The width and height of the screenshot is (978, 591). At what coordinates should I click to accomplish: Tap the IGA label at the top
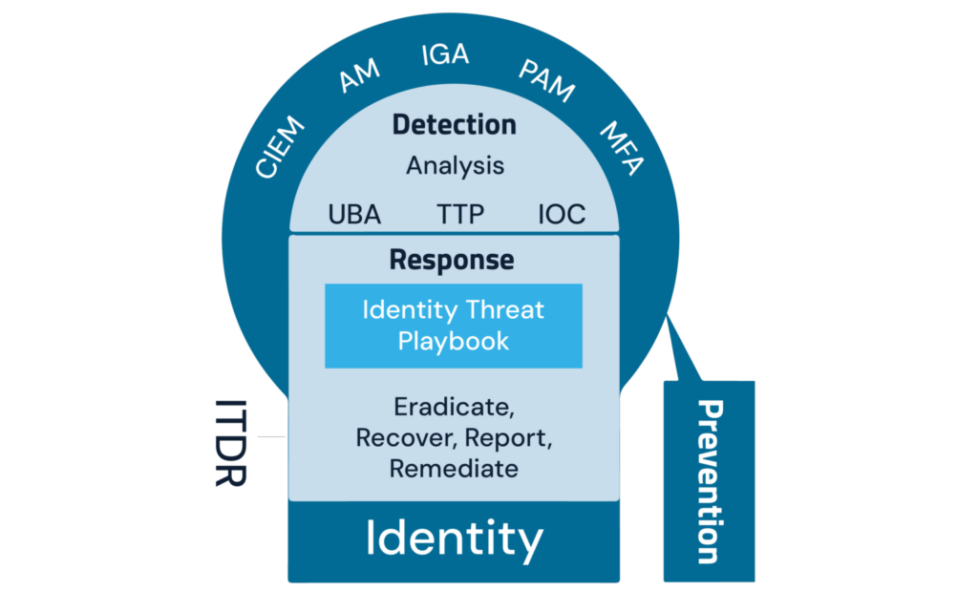click(445, 54)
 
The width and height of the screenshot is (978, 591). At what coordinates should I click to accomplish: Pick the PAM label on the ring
click(546, 80)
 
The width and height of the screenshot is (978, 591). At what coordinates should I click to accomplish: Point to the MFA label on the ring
click(622, 147)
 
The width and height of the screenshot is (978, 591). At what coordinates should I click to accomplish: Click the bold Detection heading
click(455, 125)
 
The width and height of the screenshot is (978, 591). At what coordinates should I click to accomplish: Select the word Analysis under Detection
click(455, 165)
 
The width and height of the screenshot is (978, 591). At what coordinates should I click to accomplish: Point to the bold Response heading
click(452, 260)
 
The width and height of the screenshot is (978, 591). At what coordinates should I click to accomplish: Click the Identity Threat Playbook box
click(454, 326)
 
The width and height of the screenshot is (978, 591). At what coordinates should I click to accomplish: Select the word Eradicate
click(453, 407)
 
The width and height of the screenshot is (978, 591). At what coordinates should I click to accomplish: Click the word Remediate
click(454, 469)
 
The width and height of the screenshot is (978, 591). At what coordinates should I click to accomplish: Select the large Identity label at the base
click(454, 539)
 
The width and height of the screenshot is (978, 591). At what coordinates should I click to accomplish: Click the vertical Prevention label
click(710, 481)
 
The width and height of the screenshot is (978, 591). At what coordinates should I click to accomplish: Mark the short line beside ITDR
click(270, 437)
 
